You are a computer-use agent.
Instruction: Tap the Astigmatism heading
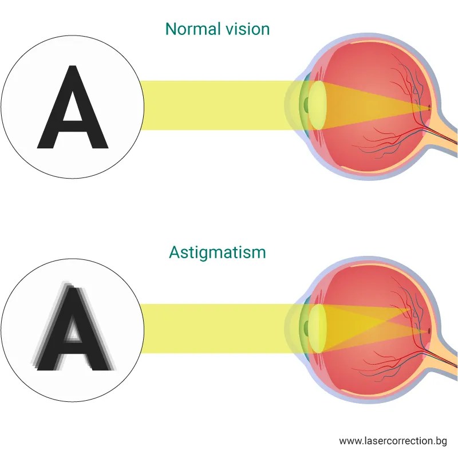pyautogui.click(x=218, y=252)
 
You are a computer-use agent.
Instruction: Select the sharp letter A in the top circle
pyautogui.click(x=72, y=109)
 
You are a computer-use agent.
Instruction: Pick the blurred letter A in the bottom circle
pyautogui.click(x=72, y=329)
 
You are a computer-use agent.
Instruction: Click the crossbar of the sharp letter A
pyautogui.click(x=72, y=124)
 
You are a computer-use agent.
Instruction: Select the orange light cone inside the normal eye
pyautogui.click(x=372, y=106)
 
